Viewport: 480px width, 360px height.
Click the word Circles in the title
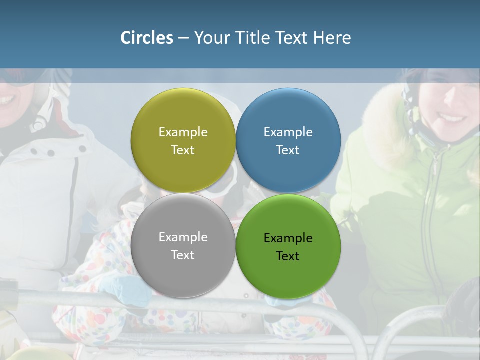146,38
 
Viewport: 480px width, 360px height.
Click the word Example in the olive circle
183,132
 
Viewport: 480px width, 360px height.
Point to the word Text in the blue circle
288,150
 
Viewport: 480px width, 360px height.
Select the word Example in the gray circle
183,237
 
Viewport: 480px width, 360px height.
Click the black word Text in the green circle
288,256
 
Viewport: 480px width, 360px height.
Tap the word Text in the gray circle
183,255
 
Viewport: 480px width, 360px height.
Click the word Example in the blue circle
288,132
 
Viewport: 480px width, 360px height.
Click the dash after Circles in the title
183,38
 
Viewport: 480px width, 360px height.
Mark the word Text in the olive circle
183,150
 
